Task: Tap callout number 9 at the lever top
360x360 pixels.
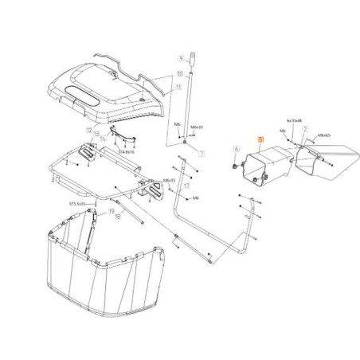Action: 182,57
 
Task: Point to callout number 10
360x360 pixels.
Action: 181,72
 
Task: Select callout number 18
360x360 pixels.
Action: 117,216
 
